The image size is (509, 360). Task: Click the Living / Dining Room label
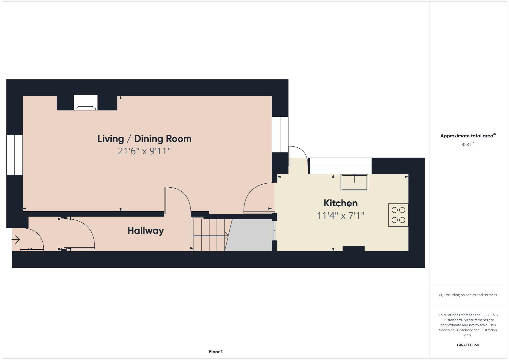click(x=144, y=139)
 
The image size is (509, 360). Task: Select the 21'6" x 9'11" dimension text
click(x=144, y=151)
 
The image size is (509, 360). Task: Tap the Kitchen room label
click(x=341, y=203)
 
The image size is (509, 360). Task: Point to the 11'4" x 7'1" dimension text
click(x=341, y=216)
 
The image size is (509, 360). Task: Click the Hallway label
click(x=146, y=231)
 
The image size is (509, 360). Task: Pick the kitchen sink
click(x=354, y=182)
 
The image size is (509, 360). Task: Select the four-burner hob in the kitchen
click(x=398, y=215)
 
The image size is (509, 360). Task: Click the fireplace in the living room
click(x=86, y=103)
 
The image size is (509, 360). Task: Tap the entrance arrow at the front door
click(x=16, y=239)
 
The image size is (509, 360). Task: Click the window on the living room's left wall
click(x=15, y=155)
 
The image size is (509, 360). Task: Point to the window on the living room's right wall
click(x=280, y=134)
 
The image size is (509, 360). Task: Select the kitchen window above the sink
click(x=341, y=166)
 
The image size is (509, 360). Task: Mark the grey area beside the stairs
click(x=249, y=235)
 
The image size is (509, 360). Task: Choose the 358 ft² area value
click(x=468, y=144)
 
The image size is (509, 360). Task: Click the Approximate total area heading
click(x=468, y=136)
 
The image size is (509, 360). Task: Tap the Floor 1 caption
click(x=216, y=352)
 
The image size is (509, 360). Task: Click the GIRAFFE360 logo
click(x=468, y=345)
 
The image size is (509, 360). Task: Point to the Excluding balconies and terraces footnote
click(x=468, y=295)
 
